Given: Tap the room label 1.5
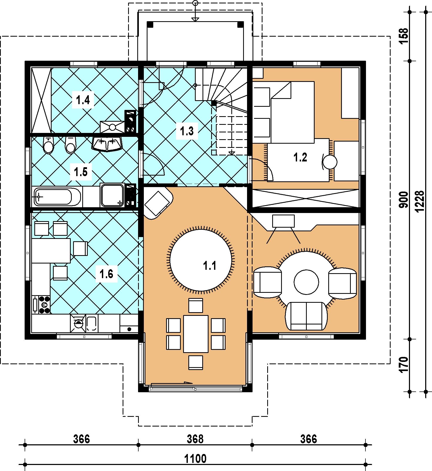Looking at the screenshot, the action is [81, 172].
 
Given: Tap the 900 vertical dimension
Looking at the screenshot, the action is [404, 200].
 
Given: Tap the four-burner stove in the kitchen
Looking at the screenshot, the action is [41, 305].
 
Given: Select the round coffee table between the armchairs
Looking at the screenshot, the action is [306, 282].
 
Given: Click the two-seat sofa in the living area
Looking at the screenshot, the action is [306, 316].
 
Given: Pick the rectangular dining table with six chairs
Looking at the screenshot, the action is [196, 334].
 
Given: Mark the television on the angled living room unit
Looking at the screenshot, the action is [283, 221].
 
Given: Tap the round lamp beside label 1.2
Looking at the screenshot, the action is [330, 162].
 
